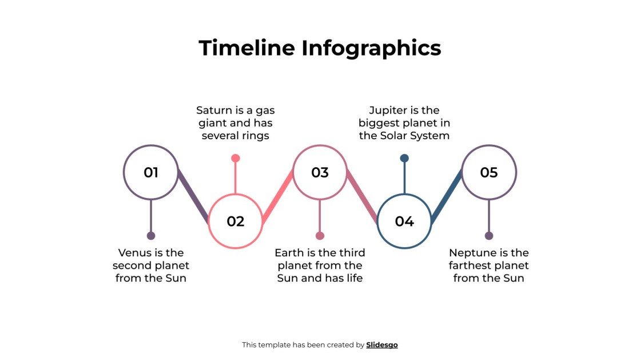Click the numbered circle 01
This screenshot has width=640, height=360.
click(x=151, y=172)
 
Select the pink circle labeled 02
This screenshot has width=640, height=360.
click(x=235, y=221)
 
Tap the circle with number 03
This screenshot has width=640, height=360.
click(x=320, y=172)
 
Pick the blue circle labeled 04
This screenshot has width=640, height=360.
click(x=404, y=221)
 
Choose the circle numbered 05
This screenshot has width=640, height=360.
click(x=489, y=172)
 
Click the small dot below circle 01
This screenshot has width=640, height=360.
click(x=151, y=236)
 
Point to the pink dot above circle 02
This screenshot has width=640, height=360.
click(x=235, y=158)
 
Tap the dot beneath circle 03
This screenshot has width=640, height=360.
click(x=320, y=236)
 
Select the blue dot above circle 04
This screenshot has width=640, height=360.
click(x=404, y=158)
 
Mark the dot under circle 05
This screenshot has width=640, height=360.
click(x=489, y=236)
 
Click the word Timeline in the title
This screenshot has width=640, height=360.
click(x=247, y=48)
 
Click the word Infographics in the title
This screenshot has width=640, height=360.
click(x=371, y=48)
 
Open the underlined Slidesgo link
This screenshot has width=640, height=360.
click(x=382, y=345)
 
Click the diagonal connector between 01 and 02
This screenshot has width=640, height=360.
click(x=193, y=196)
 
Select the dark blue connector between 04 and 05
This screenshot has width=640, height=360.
click(x=447, y=196)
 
